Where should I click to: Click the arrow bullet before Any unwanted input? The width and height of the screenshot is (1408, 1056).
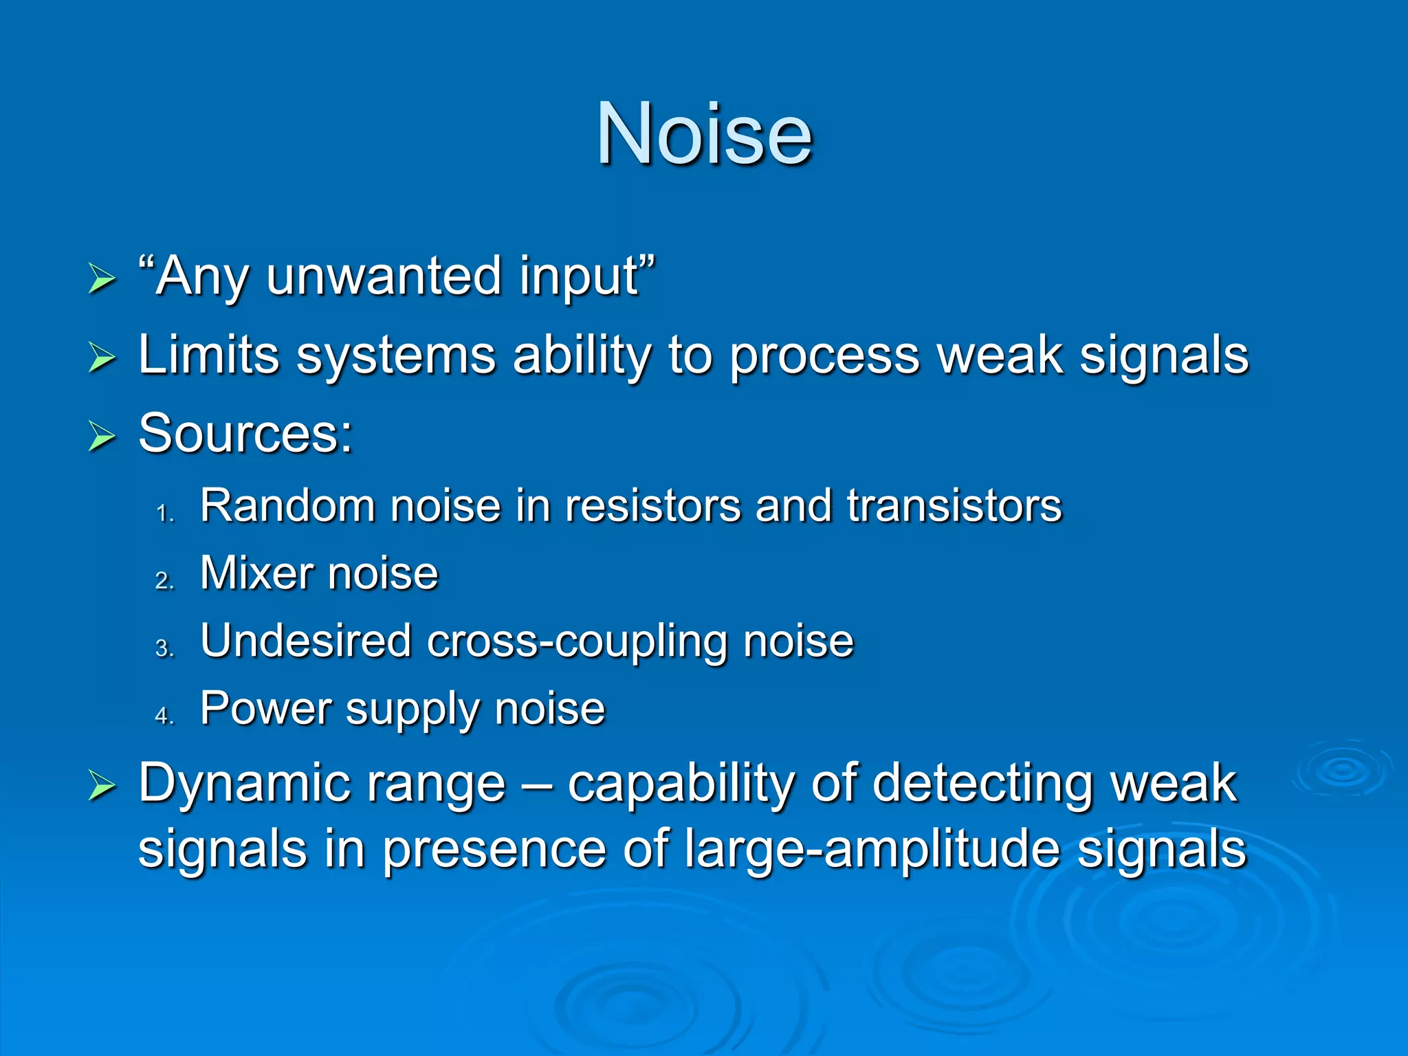(x=102, y=279)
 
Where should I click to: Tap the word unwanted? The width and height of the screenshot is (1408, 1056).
(x=384, y=276)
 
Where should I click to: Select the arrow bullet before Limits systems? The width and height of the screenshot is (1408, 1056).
(x=102, y=357)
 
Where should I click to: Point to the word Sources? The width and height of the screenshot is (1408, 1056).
(x=245, y=434)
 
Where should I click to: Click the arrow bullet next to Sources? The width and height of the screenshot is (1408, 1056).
(x=102, y=437)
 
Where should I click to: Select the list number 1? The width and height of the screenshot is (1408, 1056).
(x=165, y=514)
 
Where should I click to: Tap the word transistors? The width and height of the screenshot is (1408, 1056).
(x=954, y=506)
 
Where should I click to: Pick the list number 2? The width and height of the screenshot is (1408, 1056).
(x=165, y=581)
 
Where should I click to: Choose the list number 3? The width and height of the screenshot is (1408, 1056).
(x=165, y=648)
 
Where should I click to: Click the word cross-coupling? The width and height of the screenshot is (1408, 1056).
(x=577, y=642)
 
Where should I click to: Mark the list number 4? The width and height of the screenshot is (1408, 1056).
(x=165, y=716)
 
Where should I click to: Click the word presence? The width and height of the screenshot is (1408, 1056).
(x=494, y=850)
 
